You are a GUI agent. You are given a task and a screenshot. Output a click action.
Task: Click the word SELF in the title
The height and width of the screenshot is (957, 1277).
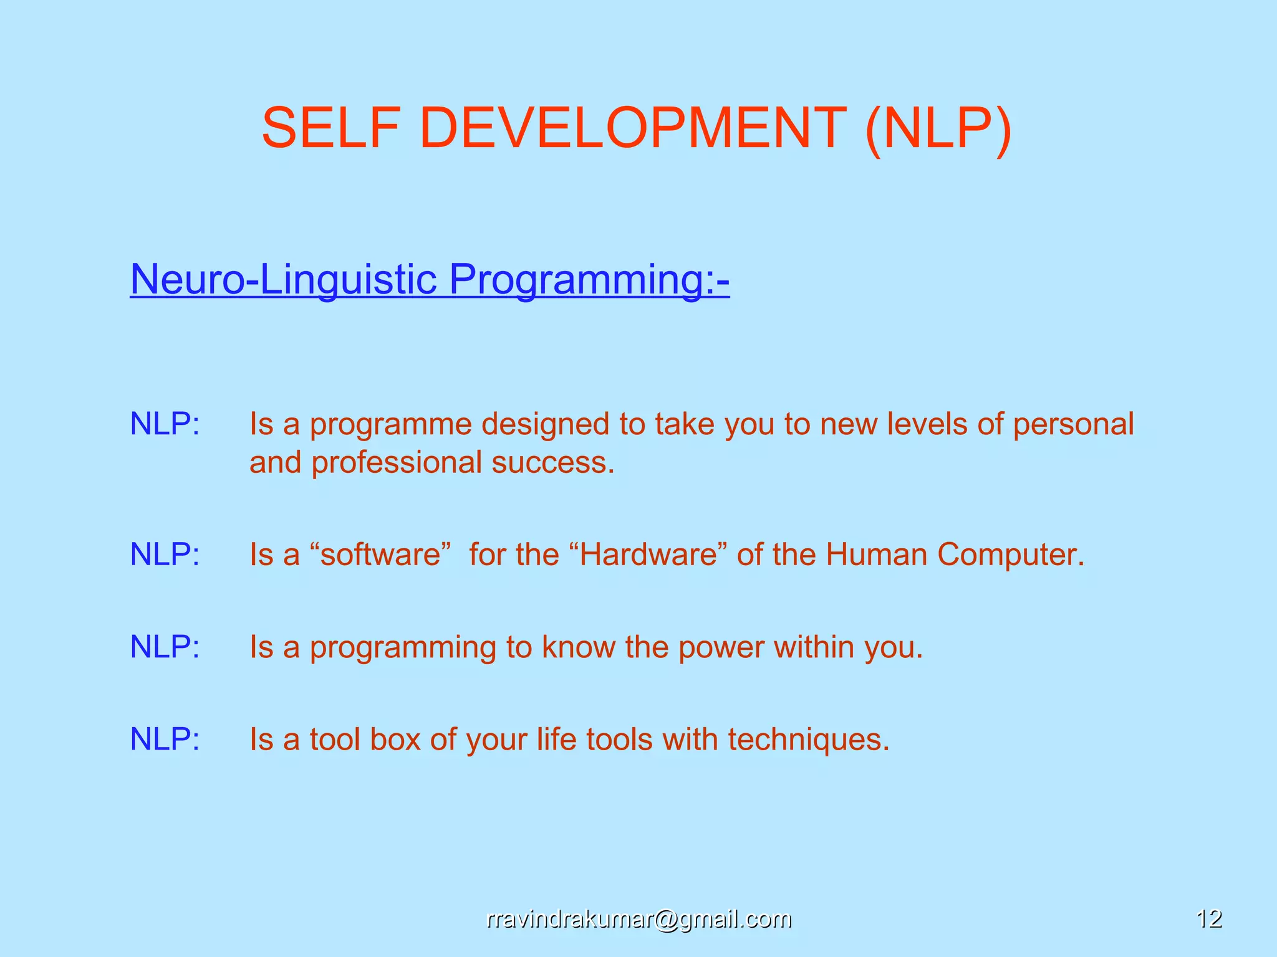(x=330, y=128)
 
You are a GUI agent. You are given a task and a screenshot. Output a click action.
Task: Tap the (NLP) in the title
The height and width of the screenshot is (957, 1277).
(x=938, y=129)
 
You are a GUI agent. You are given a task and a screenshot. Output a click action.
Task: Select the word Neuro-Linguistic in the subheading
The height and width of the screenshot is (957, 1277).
(x=284, y=279)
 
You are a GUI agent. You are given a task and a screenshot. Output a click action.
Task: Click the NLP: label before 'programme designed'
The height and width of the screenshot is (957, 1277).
(x=165, y=424)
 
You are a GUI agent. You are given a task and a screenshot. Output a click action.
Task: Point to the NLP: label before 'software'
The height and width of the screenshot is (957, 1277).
(x=165, y=555)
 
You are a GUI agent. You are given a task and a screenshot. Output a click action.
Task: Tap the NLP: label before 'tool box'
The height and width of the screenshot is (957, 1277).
(x=165, y=740)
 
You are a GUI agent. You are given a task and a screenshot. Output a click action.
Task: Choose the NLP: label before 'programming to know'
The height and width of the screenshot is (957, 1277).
(x=165, y=647)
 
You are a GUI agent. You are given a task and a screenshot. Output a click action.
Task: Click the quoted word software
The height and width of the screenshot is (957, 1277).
(x=380, y=555)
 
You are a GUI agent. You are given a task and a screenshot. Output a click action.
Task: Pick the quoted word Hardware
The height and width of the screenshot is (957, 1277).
(x=649, y=555)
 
